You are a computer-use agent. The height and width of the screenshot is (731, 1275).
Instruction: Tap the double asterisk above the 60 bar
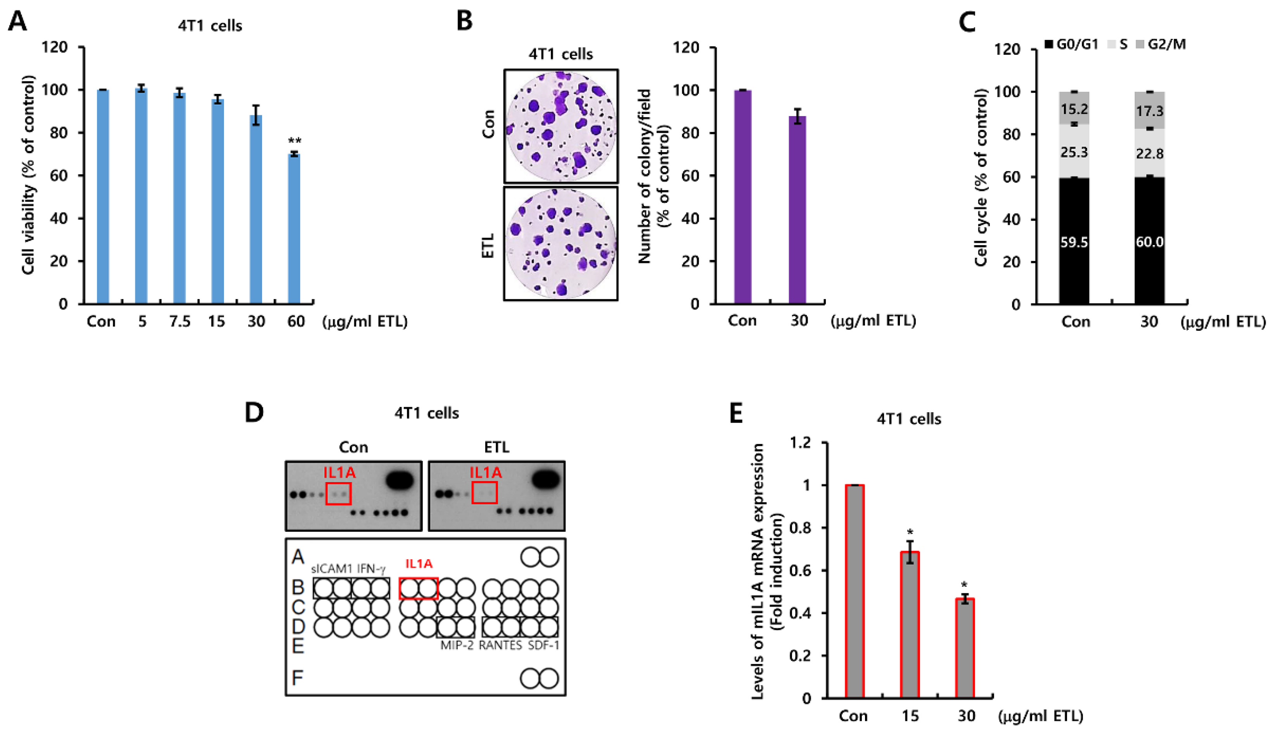coord(295,141)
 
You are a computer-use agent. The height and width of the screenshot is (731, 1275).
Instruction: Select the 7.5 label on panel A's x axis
coord(180,321)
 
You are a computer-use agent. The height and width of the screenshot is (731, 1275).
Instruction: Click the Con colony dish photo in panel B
coord(561,126)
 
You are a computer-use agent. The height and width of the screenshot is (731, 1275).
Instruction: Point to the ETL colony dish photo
coord(561,244)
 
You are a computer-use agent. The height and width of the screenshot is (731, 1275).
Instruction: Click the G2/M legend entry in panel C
coord(1161,45)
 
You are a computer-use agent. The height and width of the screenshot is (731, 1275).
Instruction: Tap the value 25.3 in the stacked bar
coord(1074,152)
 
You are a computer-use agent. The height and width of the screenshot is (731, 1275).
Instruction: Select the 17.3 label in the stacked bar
coord(1149,111)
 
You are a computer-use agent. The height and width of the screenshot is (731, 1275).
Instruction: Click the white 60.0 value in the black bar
coord(1149,242)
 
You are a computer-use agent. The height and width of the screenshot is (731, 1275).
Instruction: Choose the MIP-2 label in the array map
coord(457,645)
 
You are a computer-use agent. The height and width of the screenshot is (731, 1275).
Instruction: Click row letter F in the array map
coord(298,678)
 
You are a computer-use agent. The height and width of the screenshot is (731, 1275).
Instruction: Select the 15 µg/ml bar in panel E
coord(910,625)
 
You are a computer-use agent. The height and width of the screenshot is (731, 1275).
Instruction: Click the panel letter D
coord(254,413)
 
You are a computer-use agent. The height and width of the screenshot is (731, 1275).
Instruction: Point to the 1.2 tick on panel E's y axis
coord(800,443)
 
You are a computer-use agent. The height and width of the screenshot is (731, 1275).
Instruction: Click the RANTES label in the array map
coord(500,645)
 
